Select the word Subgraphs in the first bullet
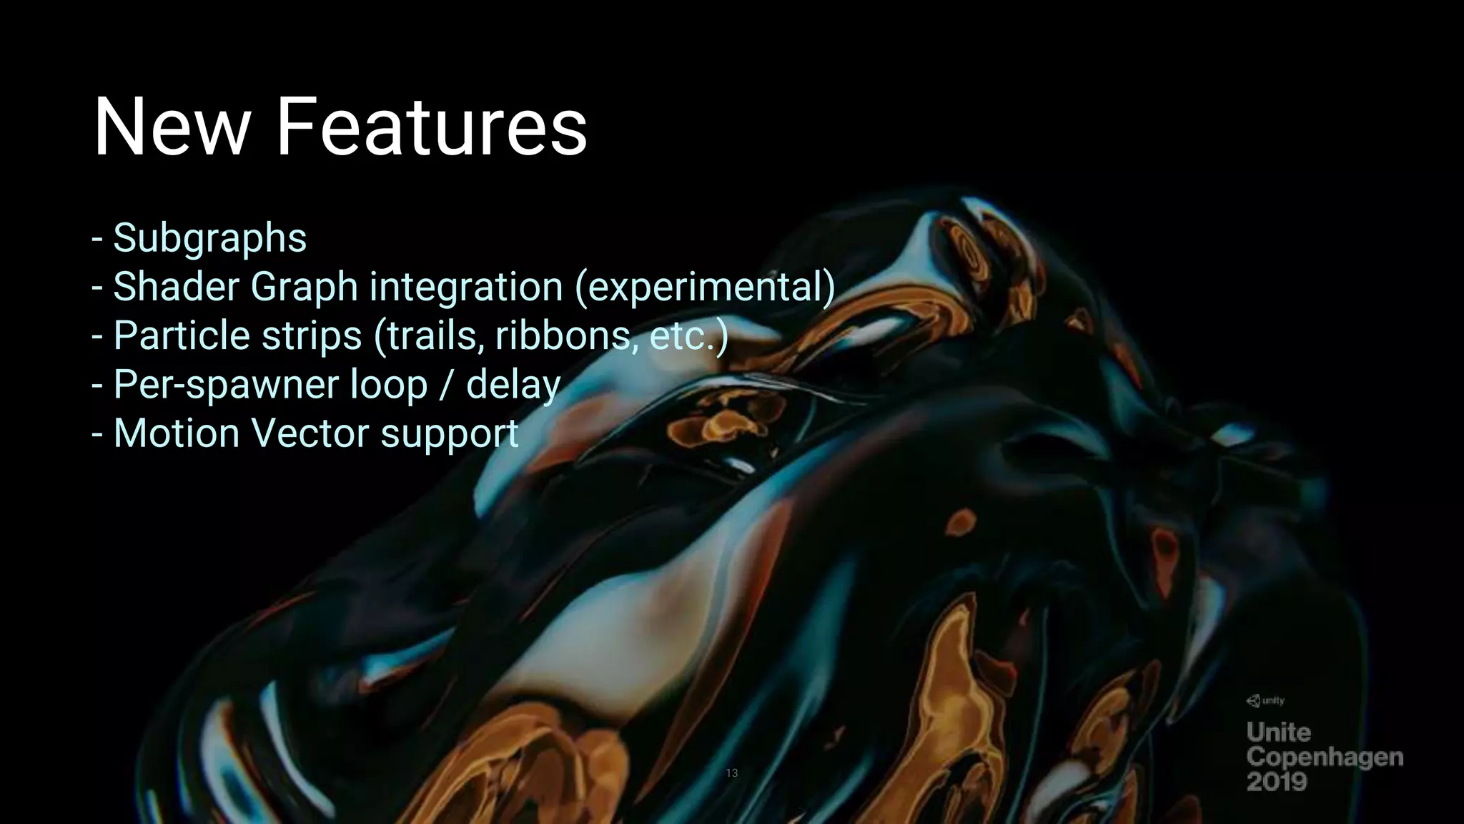pos(209,238)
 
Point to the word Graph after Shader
pos(305,287)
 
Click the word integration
pos(466,287)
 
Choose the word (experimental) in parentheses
pos(705,287)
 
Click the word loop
pos(389,385)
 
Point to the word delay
pos(513,385)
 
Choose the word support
pos(450,433)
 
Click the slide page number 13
pos(731,772)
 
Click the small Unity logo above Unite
pos(1266,701)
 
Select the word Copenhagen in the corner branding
pos(1325,757)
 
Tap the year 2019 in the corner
pos(1277,781)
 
